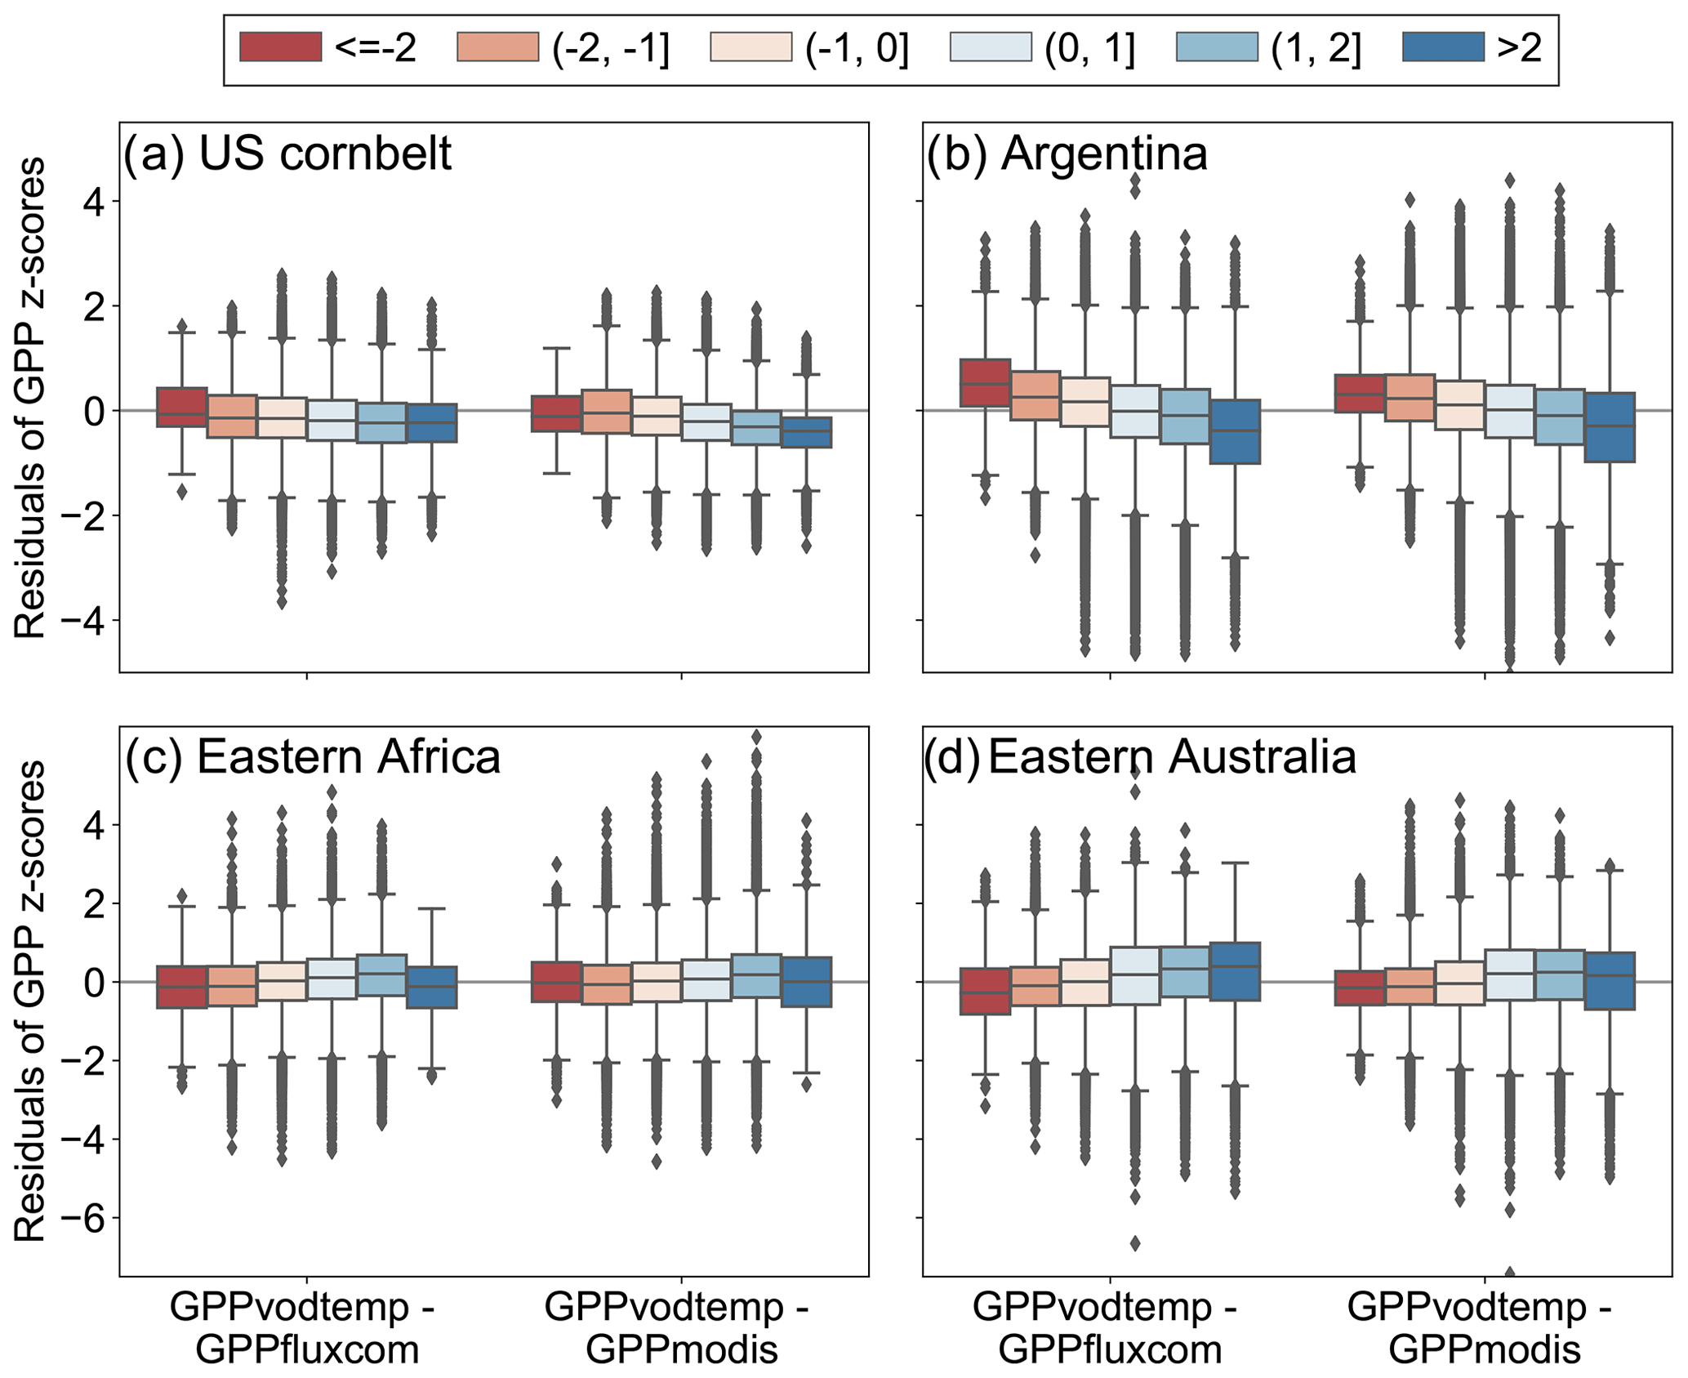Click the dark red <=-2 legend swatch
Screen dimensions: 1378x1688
(x=280, y=47)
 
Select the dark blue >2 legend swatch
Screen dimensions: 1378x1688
(x=1442, y=47)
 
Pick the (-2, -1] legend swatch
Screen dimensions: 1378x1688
(x=498, y=47)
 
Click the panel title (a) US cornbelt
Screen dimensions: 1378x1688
(x=287, y=154)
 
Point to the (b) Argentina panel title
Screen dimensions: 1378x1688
(x=1066, y=154)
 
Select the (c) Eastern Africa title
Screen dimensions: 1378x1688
(x=312, y=757)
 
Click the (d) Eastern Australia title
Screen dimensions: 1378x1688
(x=1140, y=757)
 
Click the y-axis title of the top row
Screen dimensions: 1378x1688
(x=31, y=398)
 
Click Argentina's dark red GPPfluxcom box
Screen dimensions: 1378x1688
(x=985, y=381)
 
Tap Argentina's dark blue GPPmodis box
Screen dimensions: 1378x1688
(x=1610, y=427)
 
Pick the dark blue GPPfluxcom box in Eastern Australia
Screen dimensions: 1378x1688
(x=1235, y=971)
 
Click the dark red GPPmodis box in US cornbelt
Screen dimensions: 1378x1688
(x=556, y=413)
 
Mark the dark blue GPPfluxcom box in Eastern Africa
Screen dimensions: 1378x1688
(x=432, y=987)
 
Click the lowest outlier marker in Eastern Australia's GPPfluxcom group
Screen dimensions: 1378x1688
(x=1135, y=1243)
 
